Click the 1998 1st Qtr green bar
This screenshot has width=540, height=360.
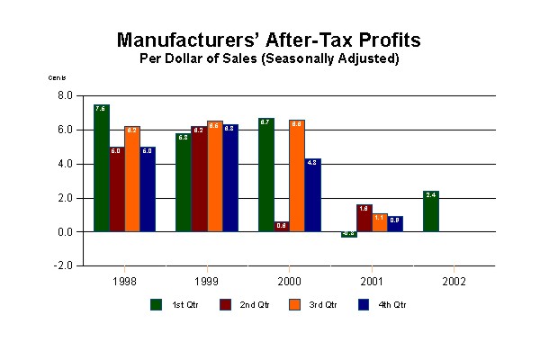(x=102, y=168)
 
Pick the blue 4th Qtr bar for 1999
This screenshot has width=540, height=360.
(x=229, y=178)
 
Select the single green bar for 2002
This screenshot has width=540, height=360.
(x=431, y=211)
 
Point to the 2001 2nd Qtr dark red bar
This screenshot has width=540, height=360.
(x=364, y=219)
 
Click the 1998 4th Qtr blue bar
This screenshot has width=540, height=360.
(x=148, y=189)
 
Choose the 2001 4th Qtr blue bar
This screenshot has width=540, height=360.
(x=395, y=224)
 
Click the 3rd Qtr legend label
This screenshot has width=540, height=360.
(x=327, y=305)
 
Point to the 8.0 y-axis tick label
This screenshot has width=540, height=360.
(x=65, y=95)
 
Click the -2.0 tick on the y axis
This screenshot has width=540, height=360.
(x=63, y=266)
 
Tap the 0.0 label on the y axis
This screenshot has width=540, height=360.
(x=65, y=232)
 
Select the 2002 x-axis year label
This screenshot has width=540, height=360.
(x=454, y=281)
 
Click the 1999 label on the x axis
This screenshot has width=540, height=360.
(x=206, y=281)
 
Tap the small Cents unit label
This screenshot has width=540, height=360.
(x=57, y=77)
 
